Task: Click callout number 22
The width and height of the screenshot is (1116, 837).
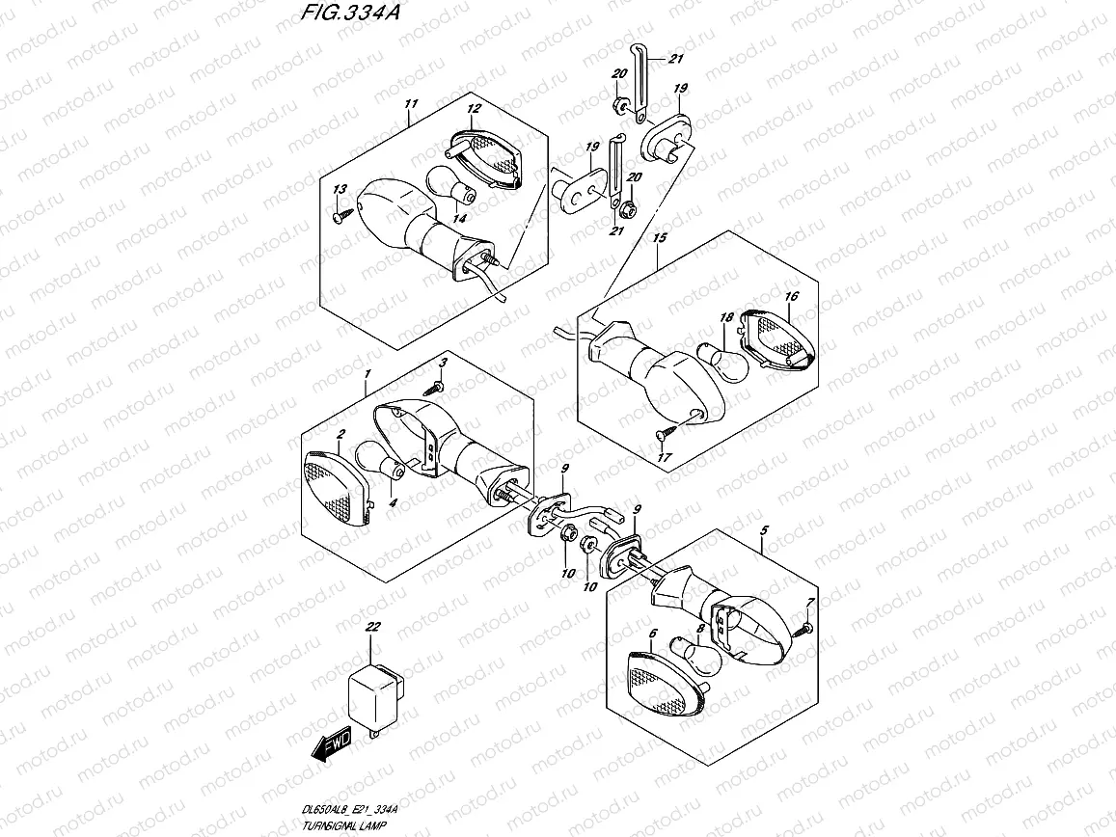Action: click(372, 628)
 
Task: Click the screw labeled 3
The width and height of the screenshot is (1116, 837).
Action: click(434, 385)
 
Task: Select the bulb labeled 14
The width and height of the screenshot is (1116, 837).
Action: click(451, 189)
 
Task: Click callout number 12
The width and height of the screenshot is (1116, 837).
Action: click(475, 109)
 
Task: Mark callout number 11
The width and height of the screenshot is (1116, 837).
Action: click(411, 103)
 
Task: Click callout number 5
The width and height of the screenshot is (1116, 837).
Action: click(763, 530)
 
